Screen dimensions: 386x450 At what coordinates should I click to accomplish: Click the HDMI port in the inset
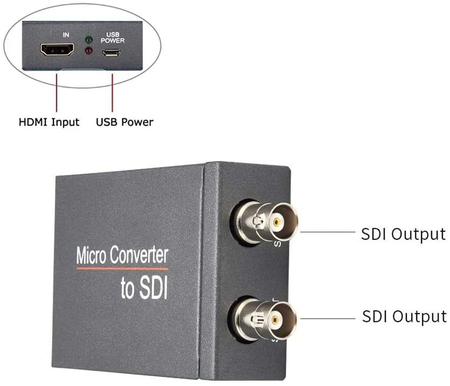point(58,50)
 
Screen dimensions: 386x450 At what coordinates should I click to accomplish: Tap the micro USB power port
point(111,52)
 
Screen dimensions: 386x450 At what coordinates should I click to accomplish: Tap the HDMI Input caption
point(49,121)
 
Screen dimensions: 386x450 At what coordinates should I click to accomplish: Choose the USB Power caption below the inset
point(125,121)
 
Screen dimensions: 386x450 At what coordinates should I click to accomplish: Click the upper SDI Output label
point(403,234)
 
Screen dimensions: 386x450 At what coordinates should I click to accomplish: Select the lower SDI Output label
point(404,316)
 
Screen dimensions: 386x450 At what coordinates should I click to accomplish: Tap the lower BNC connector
point(268,318)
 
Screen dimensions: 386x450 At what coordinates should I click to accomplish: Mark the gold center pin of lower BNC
point(278,319)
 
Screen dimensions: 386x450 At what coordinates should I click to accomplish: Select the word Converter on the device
point(140,255)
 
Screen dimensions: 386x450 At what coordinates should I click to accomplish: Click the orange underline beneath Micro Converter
point(122,269)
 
